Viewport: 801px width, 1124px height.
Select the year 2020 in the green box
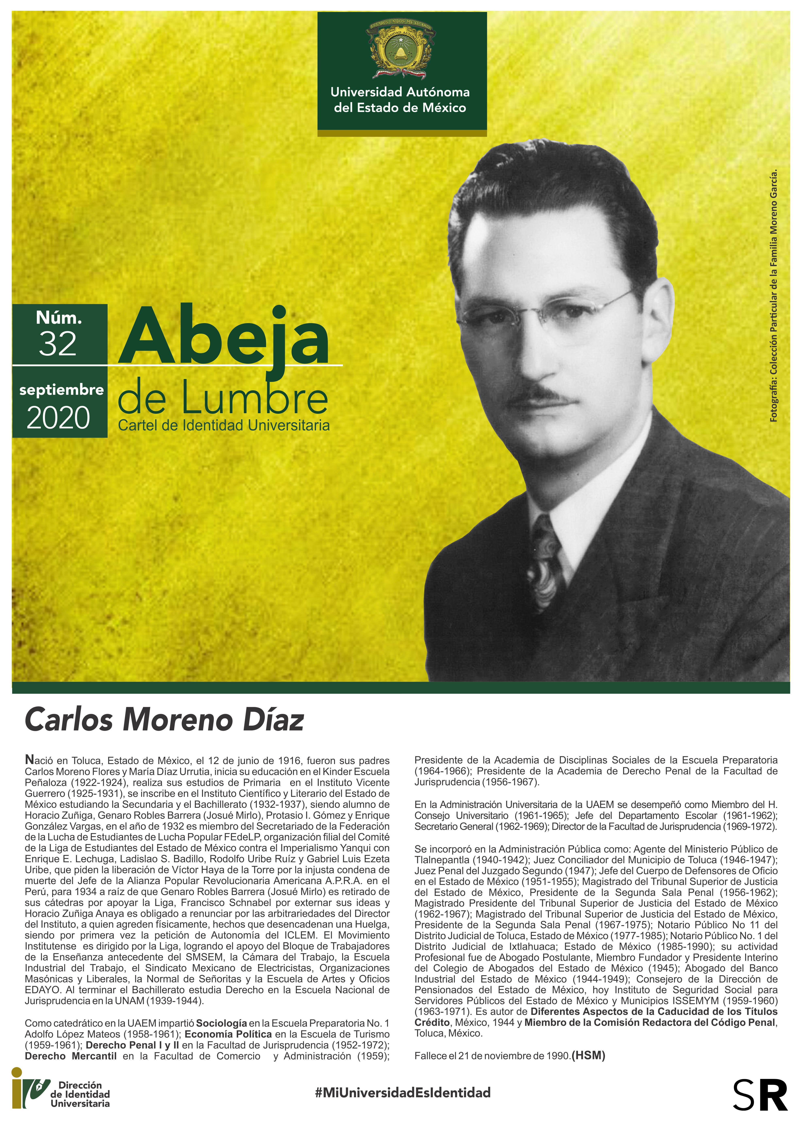coord(58,418)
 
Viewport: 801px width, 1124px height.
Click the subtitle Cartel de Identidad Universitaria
coord(223,425)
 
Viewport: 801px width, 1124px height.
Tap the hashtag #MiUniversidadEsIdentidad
coord(403,1092)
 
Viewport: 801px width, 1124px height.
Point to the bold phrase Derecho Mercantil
coord(71,1056)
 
